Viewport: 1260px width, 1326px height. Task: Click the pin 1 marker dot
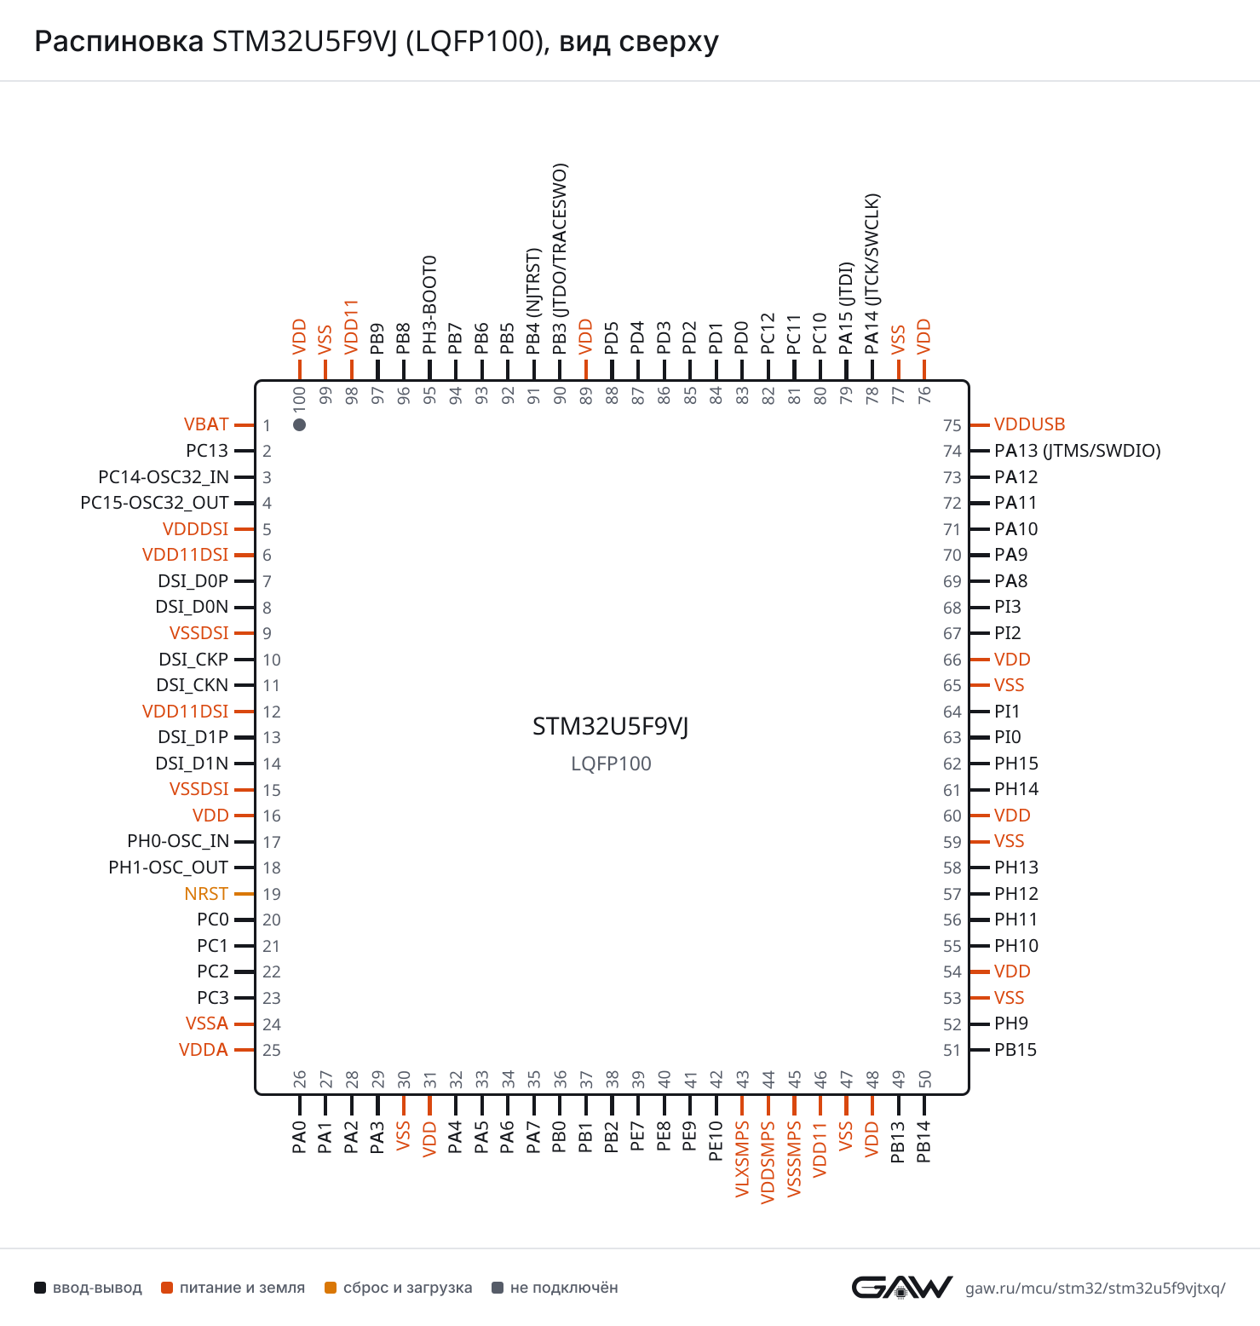click(299, 424)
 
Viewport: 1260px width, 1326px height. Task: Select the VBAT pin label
click(206, 424)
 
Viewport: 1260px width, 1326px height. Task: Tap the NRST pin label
click(206, 894)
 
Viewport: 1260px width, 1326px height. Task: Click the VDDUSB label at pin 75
click(1029, 424)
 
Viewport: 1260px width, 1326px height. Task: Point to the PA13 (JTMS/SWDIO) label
click(1078, 451)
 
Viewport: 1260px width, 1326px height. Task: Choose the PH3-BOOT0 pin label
click(429, 304)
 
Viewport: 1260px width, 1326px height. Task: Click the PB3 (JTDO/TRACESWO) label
click(560, 259)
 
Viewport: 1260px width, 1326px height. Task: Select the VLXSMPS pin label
click(742, 1159)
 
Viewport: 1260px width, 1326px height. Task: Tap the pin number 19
click(272, 894)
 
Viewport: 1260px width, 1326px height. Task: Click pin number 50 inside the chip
click(924, 1080)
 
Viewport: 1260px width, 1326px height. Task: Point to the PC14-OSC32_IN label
click(164, 477)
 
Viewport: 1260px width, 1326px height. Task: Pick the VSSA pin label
click(207, 1023)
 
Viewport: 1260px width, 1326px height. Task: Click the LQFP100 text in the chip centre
click(611, 764)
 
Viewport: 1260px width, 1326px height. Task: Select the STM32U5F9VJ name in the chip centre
click(611, 726)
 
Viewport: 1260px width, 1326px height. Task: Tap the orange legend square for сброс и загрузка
click(331, 1288)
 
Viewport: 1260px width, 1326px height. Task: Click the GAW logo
click(902, 1287)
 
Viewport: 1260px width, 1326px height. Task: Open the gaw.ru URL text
click(1095, 1289)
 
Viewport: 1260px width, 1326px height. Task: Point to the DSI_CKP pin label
click(193, 660)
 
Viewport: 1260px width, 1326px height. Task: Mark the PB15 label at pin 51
click(1015, 1050)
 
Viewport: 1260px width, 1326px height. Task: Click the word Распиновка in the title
click(119, 42)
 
